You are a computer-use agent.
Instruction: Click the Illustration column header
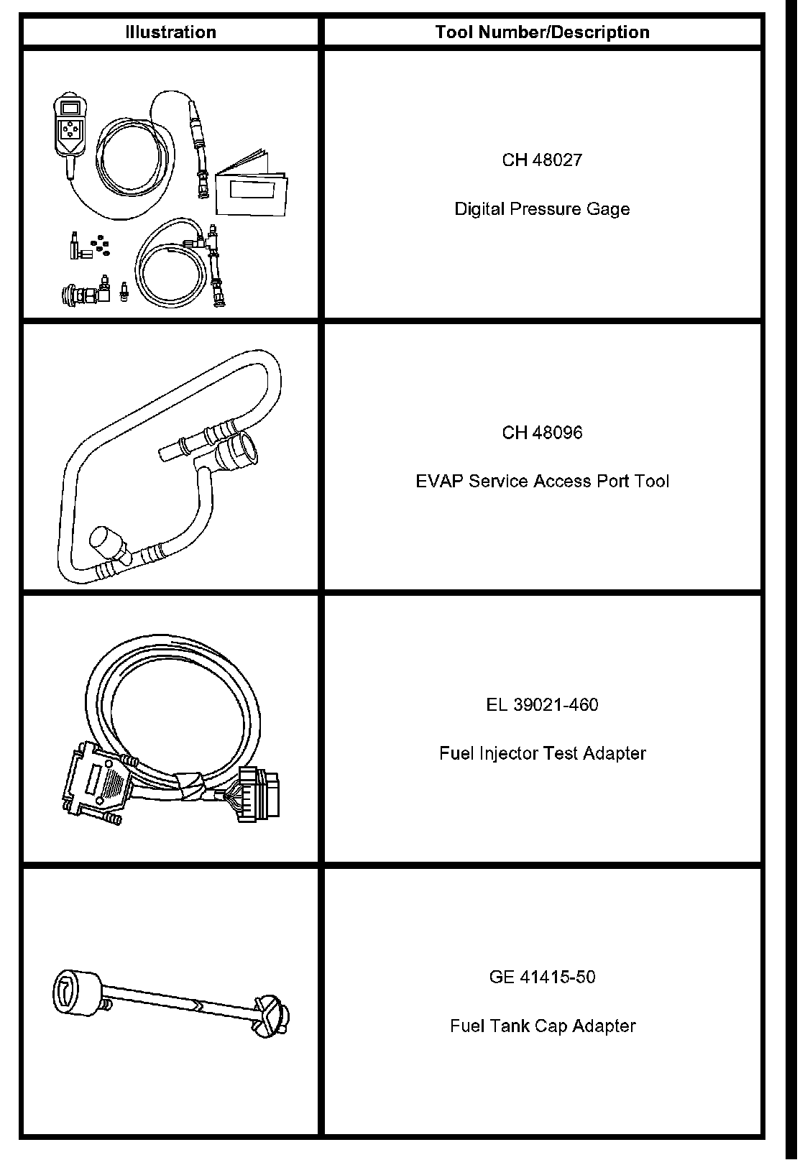pyautogui.click(x=170, y=32)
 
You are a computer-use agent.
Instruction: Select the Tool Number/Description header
pyautogui.click(x=542, y=32)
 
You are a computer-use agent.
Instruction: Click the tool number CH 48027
pyautogui.click(x=542, y=160)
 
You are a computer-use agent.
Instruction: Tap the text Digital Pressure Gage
pyautogui.click(x=542, y=209)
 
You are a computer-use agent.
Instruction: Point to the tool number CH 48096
pyautogui.click(x=542, y=433)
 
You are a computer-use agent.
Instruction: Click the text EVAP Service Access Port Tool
pyautogui.click(x=542, y=481)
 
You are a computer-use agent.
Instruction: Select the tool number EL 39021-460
pyautogui.click(x=542, y=705)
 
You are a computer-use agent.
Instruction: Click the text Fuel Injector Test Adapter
pyautogui.click(x=542, y=753)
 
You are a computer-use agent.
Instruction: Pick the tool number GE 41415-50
pyautogui.click(x=542, y=977)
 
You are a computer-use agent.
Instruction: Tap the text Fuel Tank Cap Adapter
pyautogui.click(x=542, y=1026)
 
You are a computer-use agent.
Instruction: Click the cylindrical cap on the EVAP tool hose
pyautogui.click(x=107, y=542)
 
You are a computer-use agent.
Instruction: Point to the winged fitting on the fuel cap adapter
pyautogui.click(x=272, y=1014)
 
